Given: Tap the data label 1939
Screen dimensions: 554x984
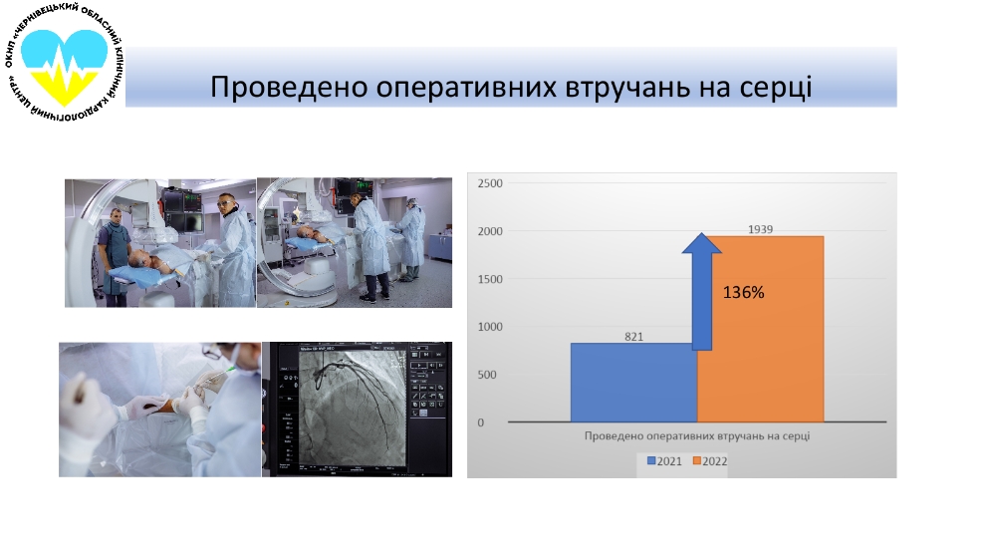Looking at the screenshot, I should [760, 229].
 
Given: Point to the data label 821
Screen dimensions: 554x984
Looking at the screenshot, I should [634, 337].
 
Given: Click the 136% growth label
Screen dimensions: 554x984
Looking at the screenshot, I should [743, 294].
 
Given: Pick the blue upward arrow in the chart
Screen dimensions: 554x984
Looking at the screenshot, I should [701, 289].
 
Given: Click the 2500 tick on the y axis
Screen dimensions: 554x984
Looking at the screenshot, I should [489, 183].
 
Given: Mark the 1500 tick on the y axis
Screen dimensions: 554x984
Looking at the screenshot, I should [489, 279].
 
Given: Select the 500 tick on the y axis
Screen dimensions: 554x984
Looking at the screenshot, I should [493, 375].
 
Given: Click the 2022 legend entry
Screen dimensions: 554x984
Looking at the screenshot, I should [709, 461].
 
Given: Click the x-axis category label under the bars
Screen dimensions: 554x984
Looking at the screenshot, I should [696, 436].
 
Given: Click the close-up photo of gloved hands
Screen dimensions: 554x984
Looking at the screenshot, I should [158, 409].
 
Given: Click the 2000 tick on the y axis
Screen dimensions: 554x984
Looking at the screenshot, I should [489, 231].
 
